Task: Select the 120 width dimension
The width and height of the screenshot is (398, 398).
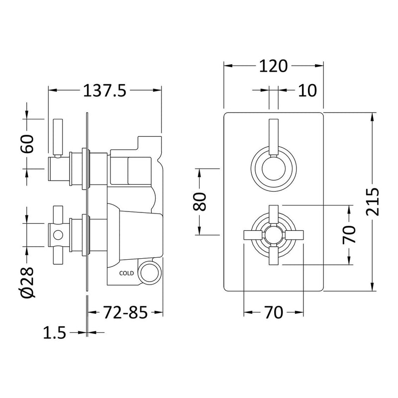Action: pyautogui.click(x=273, y=65)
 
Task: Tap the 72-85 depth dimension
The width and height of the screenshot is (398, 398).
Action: pyautogui.click(x=125, y=313)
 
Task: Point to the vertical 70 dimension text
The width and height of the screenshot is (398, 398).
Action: pyautogui.click(x=350, y=234)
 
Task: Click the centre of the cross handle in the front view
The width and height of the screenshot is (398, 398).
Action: pyautogui.click(x=273, y=234)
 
